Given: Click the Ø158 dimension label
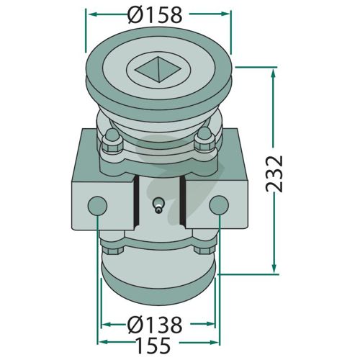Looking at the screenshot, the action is point(156,15).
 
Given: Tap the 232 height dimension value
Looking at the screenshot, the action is point(274,174).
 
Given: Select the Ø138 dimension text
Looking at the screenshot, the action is point(154,325).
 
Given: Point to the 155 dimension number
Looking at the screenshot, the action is point(153,345).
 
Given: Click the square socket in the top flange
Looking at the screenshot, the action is point(158,70).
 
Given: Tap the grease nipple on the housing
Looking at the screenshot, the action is point(158,205).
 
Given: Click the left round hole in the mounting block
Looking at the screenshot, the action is point(97,205).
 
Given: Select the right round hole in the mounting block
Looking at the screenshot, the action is point(219,204).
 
